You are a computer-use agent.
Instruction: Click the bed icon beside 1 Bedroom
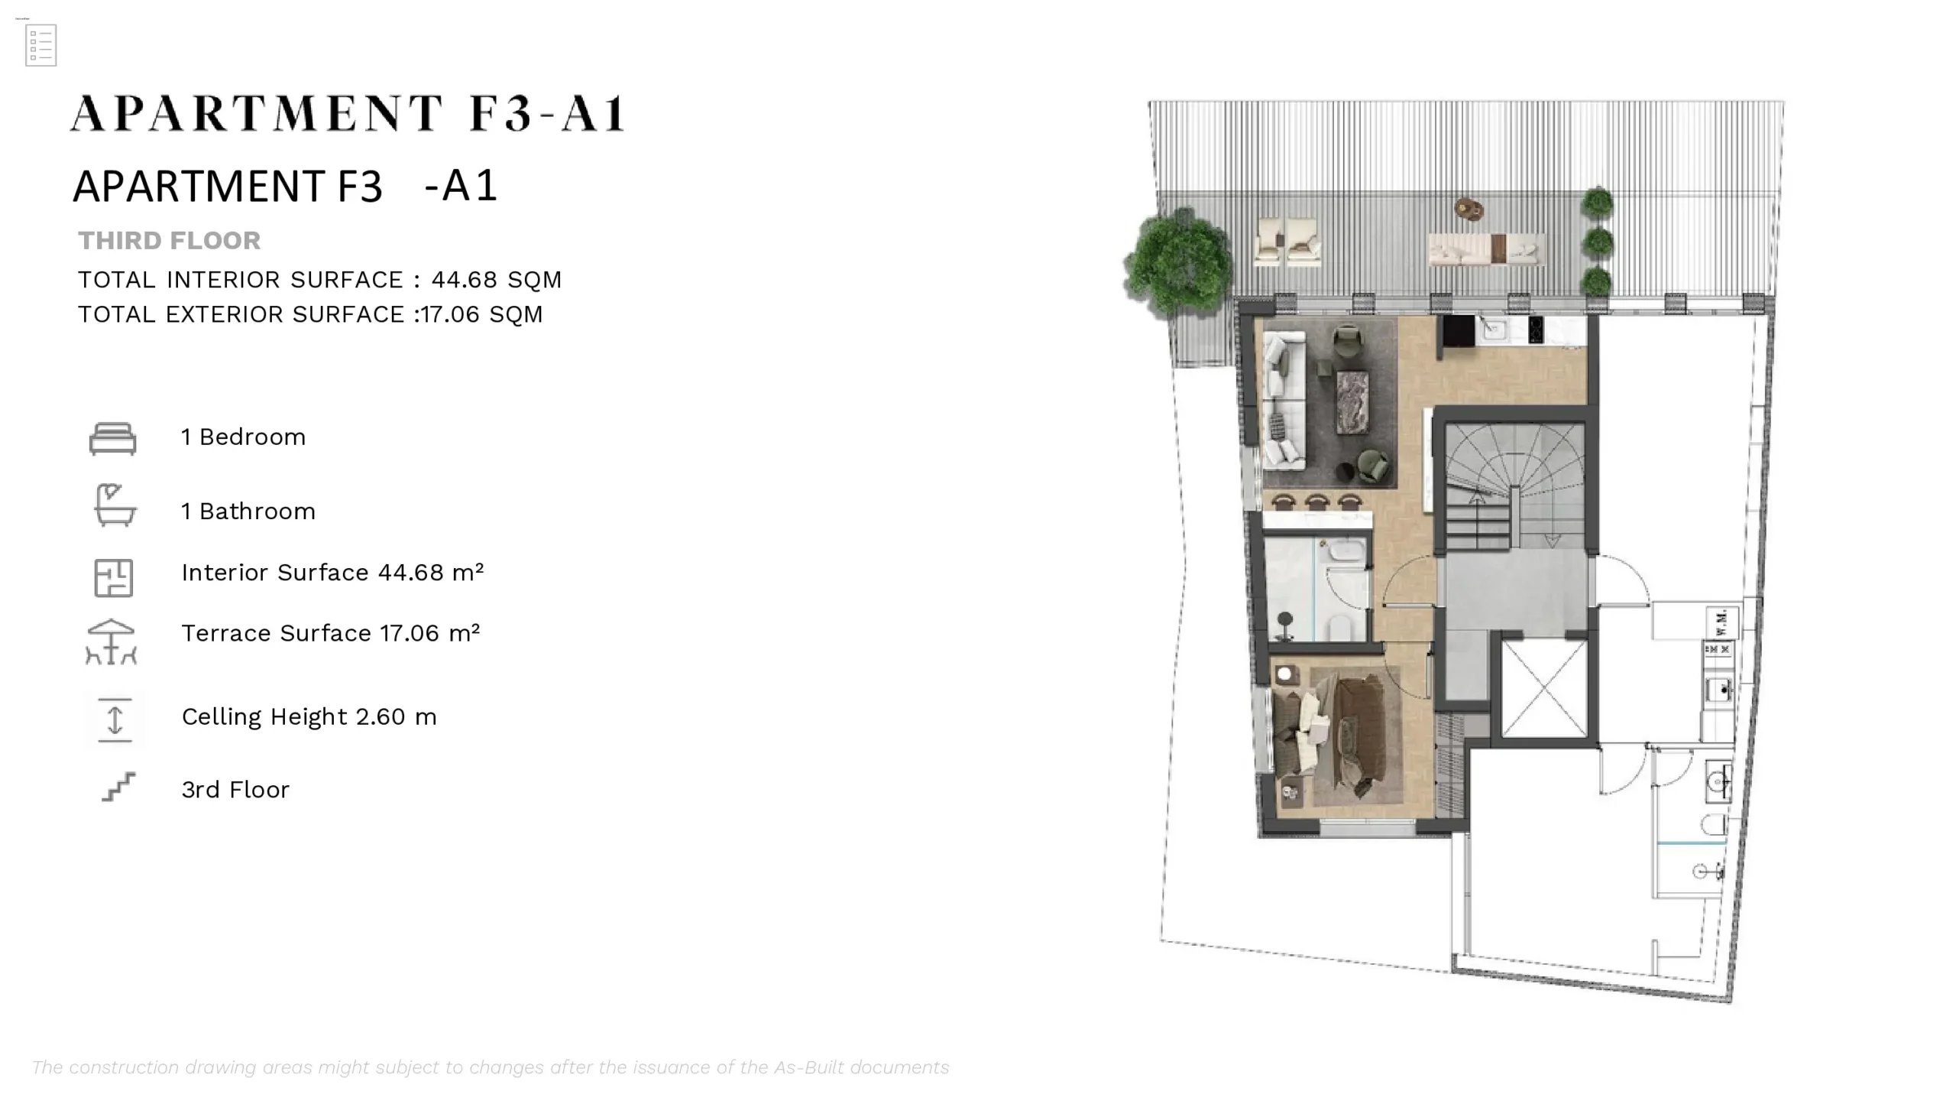pos(112,438)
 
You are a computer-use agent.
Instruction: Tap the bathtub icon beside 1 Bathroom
pos(115,505)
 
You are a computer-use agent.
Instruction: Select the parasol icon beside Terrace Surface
pos(112,641)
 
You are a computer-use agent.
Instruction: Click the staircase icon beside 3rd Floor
pos(118,787)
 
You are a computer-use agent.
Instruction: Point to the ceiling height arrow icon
pos(115,719)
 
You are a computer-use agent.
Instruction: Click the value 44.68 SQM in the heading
pos(496,280)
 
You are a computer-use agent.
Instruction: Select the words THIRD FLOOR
pos(169,241)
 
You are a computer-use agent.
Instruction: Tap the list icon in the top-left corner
pos(40,45)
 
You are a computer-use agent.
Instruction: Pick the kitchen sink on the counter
pos(1493,330)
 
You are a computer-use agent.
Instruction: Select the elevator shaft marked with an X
pos(1544,689)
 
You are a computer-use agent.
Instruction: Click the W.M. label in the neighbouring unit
pos(1721,622)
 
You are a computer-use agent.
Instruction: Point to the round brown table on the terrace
pos(1468,209)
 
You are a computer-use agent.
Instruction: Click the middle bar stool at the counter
pos(1316,502)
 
